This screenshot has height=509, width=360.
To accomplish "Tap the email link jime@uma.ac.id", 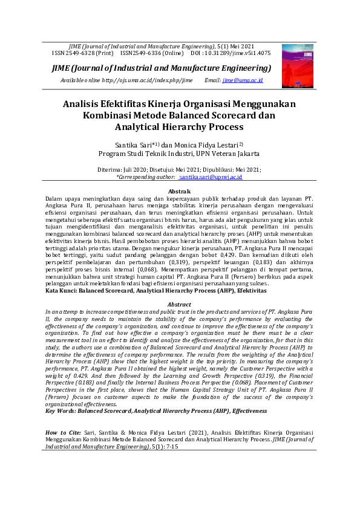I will click(x=243, y=80).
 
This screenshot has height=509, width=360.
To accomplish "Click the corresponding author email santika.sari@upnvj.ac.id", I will click(x=210, y=177).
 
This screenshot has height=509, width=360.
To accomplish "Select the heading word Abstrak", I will click(x=179, y=191).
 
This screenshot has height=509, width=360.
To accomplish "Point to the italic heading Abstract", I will click(x=179, y=304).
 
